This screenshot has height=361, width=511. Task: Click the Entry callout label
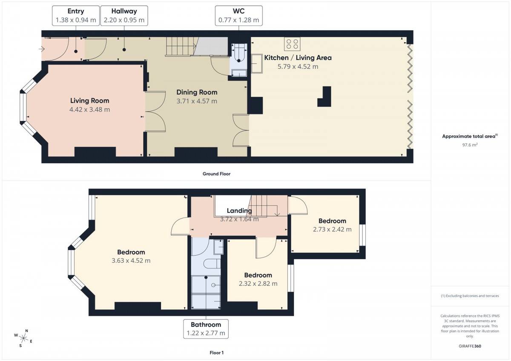[x=76, y=11]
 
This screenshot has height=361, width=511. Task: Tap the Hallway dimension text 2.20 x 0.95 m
[x=124, y=20]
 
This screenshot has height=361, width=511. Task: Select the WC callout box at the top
[x=238, y=16]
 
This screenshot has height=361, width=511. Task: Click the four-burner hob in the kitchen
[x=292, y=44]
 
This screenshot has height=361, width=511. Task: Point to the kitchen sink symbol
[x=257, y=63]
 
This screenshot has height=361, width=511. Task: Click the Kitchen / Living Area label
[x=298, y=58]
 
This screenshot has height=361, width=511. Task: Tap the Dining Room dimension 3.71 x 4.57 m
[x=197, y=101]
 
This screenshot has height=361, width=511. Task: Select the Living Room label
[x=90, y=100]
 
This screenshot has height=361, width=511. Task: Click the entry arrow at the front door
[x=42, y=49]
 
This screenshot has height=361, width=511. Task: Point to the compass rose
[x=23, y=338]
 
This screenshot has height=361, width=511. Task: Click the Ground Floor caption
[x=216, y=174]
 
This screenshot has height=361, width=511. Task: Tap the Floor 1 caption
[x=216, y=352]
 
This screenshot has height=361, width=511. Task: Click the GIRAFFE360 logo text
[x=470, y=346]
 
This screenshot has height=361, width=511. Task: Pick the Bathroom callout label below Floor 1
[x=206, y=324]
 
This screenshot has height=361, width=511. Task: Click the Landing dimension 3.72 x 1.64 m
[x=239, y=219]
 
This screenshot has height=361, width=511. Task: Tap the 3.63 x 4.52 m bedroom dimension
[x=131, y=261]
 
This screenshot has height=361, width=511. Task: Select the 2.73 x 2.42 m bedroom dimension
[x=332, y=229]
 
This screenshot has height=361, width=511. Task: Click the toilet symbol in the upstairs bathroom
[x=212, y=264]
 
